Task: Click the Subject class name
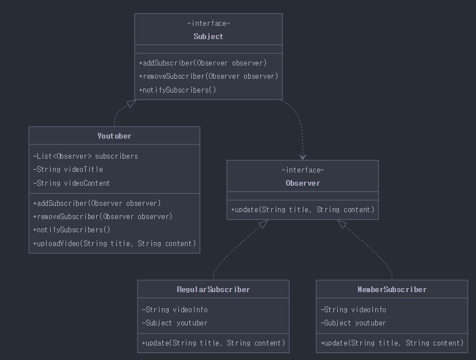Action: click(x=208, y=36)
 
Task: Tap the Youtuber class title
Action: click(x=115, y=136)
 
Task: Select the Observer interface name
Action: click(x=303, y=183)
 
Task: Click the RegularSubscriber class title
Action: click(x=214, y=289)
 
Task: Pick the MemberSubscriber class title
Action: click(x=392, y=289)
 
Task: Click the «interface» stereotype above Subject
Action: click(x=208, y=24)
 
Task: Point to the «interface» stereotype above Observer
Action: click(x=303, y=170)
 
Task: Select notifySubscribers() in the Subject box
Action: click(x=177, y=90)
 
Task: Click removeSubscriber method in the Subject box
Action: click(x=208, y=76)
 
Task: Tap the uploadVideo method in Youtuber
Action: click(x=115, y=243)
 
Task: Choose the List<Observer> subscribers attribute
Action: click(x=85, y=156)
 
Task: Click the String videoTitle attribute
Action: click(x=68, y=169)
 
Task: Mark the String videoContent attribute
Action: click(x=71, y=183)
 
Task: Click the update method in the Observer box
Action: click(x=303, y=209)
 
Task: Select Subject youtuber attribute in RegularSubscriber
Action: click(x=174, y=323)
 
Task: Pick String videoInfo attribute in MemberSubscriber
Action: click(x=353, y=309)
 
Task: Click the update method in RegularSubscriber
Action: click(x=214, y=343)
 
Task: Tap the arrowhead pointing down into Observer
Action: click(x=303, y=157)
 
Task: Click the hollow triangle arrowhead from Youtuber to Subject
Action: click(x=132, y=103)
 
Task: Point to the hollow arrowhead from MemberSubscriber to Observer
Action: click(x=341, y=224)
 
